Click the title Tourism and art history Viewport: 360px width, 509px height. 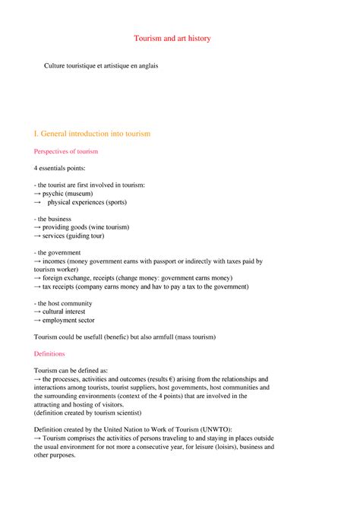179,37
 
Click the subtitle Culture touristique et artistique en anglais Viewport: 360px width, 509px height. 101,66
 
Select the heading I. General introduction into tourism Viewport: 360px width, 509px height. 93,134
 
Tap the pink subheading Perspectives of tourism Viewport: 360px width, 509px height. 66,152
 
